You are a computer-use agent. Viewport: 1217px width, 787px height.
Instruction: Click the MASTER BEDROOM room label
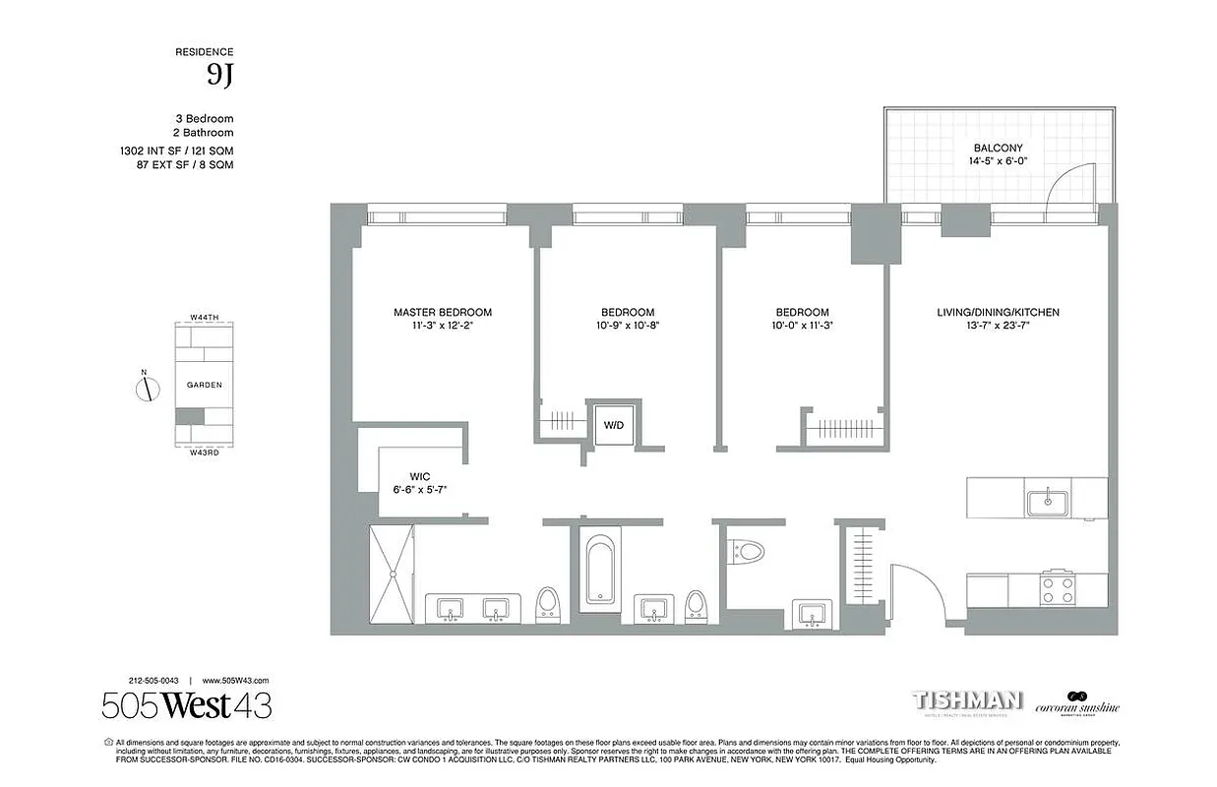tap(442, 313)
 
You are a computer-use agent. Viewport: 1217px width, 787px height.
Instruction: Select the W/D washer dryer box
tap(613, 425)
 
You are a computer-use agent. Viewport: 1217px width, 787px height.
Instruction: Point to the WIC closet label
tap(420, 475)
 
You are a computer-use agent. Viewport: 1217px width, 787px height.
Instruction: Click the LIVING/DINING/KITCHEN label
tap(998, 313)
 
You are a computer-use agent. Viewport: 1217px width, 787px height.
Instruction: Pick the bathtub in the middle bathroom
tap(599, 569)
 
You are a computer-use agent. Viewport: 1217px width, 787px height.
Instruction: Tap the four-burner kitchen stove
tap(1057, 589)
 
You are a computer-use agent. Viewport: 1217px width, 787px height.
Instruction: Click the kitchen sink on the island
tap(1049, 501)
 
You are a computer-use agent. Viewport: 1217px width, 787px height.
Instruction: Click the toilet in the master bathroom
tap(547, 603)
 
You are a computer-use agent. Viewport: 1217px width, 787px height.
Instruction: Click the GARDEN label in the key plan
tap(205, 386)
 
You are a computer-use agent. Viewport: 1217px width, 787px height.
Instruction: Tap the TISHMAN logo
tap(968, 701)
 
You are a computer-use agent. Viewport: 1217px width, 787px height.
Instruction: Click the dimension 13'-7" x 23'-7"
tap(998, 327)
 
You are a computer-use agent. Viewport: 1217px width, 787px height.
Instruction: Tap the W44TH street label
tap(205, 318)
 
